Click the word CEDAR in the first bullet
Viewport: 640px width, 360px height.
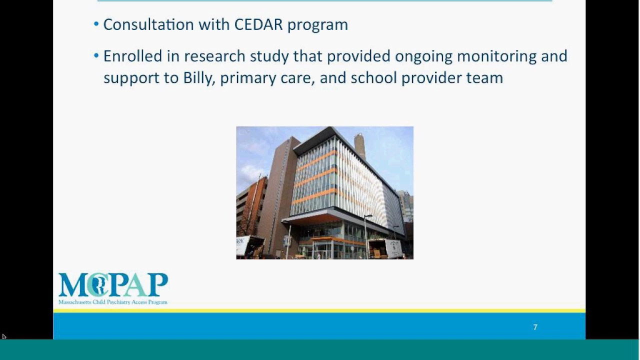point(258,24)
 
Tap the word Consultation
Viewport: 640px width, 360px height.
point(148,24)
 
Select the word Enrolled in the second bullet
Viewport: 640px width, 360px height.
point(133,55)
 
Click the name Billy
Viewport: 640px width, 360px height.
point(199,78)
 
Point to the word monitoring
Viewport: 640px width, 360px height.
point(497,56)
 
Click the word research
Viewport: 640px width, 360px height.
point(214,56)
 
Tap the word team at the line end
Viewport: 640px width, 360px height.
point(484,77)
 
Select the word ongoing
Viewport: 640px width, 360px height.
point(423,56)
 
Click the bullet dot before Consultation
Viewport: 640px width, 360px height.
point(96,24)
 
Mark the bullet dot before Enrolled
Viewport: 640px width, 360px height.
point(96,55)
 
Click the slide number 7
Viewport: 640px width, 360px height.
point(535,327)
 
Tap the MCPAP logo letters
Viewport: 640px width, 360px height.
point(113,284)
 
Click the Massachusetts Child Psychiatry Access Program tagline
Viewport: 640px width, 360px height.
point(113,302)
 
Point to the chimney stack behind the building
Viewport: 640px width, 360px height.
point(359,146)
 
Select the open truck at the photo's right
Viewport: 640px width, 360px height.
point(385,249)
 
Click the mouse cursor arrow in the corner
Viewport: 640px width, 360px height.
point(3,336)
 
